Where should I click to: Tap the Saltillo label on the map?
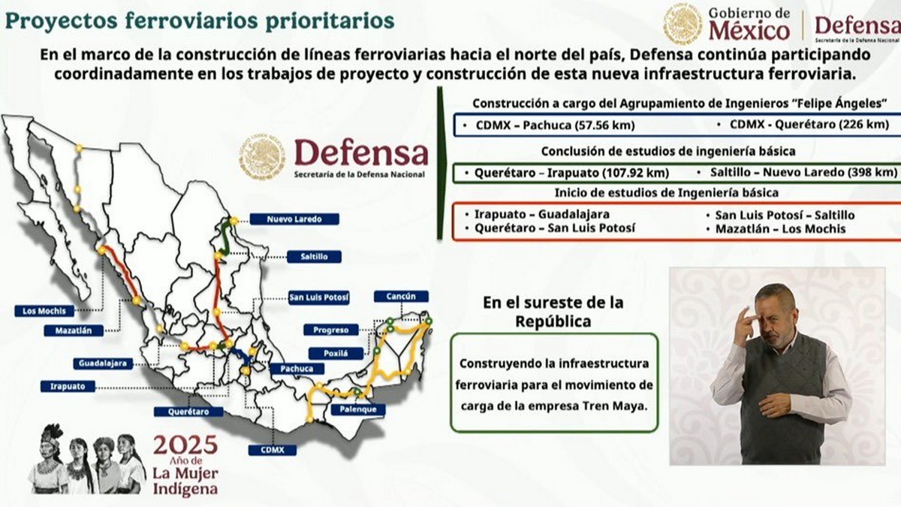(314, 257)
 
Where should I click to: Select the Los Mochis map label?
(44, 311)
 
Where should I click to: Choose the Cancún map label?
(401, 297)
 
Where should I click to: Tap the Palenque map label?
(357, 410)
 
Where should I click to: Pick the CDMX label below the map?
(273, 450)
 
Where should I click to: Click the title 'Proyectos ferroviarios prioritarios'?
(200, 20)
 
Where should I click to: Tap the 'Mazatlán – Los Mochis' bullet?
(780, 229)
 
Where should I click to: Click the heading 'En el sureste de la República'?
(553, 312)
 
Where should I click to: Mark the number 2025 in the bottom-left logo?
(185, 444)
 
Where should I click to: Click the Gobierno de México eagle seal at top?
(683, 24)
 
